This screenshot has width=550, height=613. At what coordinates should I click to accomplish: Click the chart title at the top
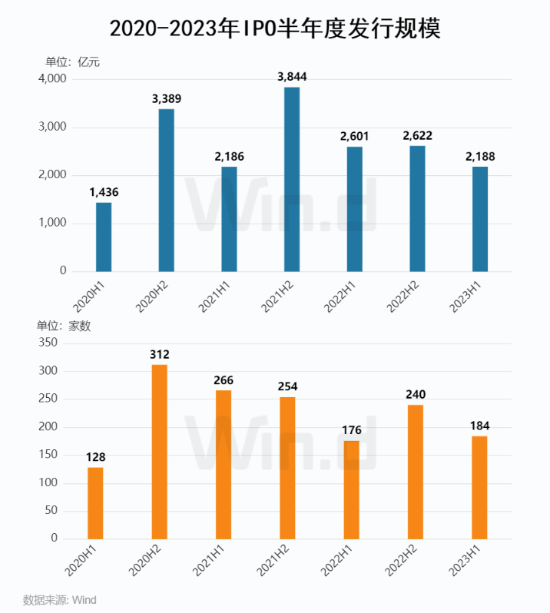tap(275, 28)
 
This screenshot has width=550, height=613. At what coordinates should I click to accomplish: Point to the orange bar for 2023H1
tap(479, 487)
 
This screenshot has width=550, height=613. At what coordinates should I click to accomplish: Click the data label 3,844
tap(292, 76)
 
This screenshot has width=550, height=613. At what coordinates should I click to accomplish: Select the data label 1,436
tap(104, 191)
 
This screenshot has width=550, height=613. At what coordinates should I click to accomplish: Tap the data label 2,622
tap(417, 135)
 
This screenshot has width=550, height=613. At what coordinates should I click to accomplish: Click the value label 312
tap(159, 354)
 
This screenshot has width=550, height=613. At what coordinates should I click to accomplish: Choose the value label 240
tap(416, 394)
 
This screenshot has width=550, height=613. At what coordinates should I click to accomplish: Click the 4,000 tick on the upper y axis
tap(52, 79)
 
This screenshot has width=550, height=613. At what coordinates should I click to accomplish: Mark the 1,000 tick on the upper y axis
tap(52, 224)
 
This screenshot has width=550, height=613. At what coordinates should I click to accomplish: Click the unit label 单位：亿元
tap(73, 62)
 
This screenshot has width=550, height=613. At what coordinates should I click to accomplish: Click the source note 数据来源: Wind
tap(60, 599)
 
